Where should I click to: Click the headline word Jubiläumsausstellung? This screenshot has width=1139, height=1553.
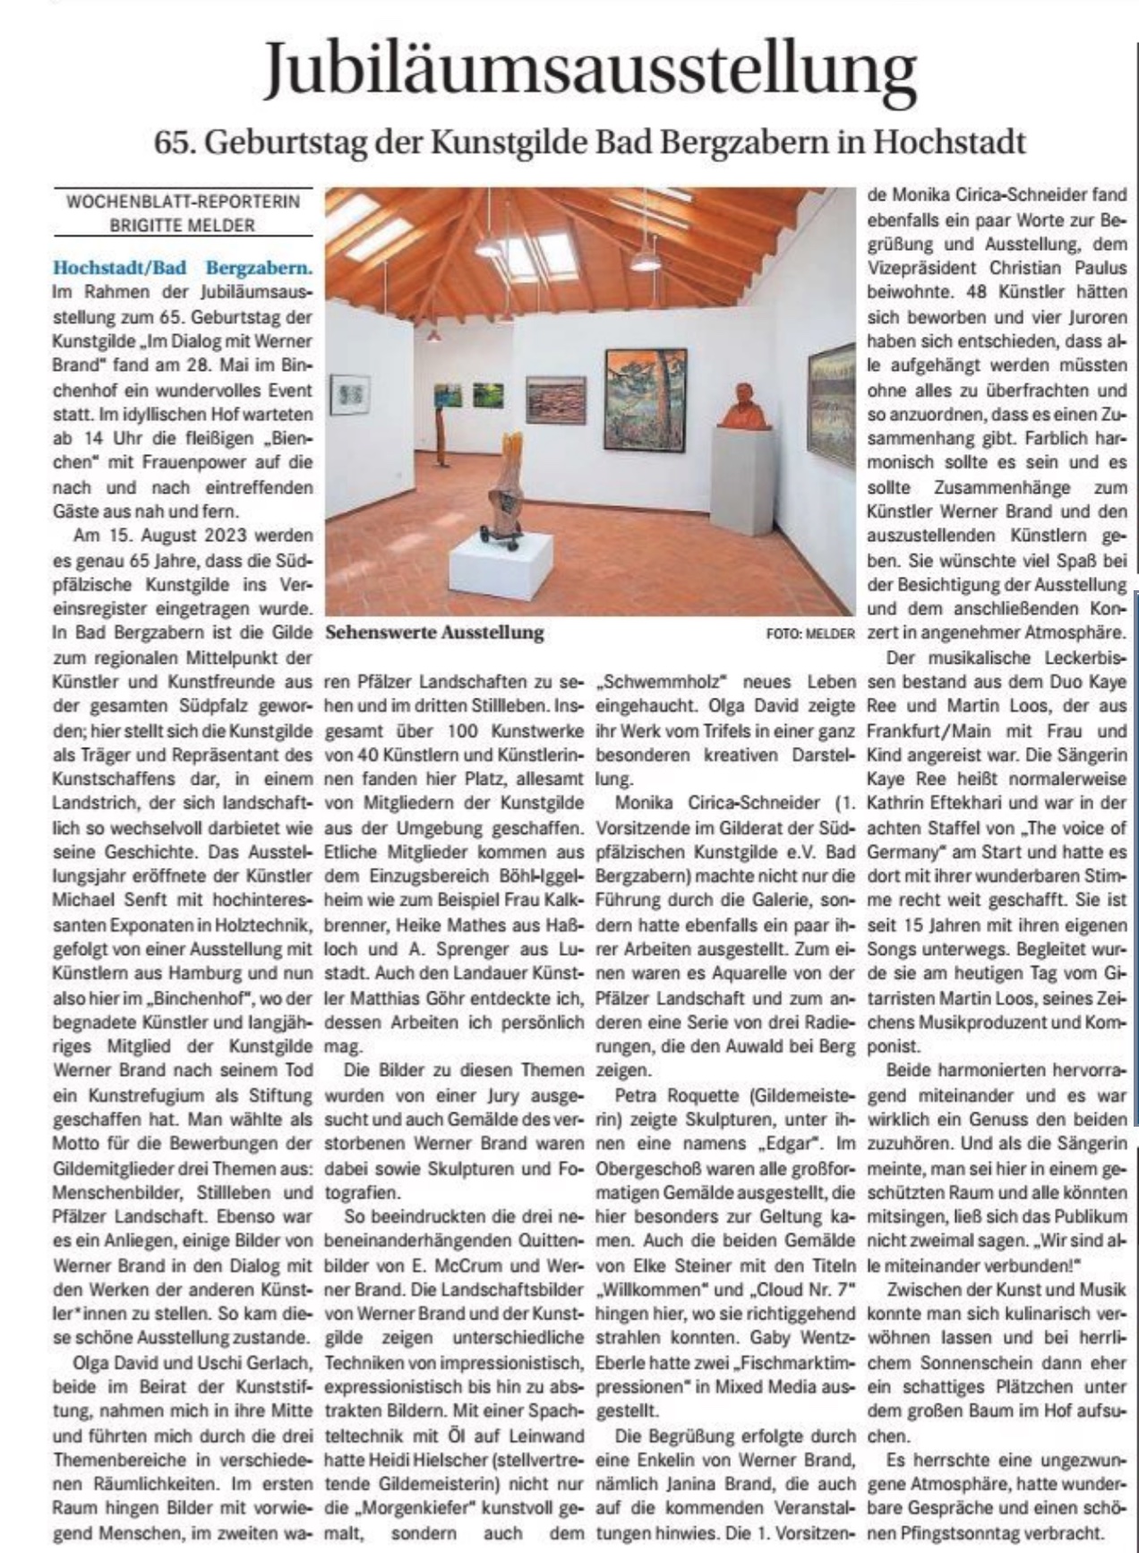click(590, 70)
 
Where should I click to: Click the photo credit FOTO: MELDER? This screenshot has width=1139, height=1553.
click(810, 633)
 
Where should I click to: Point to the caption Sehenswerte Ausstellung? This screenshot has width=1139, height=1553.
click(435, 632)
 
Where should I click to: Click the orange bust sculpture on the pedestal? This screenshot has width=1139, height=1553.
click(744, 407)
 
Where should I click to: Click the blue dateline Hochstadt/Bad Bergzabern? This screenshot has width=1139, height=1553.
click(183, 267)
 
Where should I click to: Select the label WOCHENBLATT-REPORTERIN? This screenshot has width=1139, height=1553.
click(183, 202)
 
